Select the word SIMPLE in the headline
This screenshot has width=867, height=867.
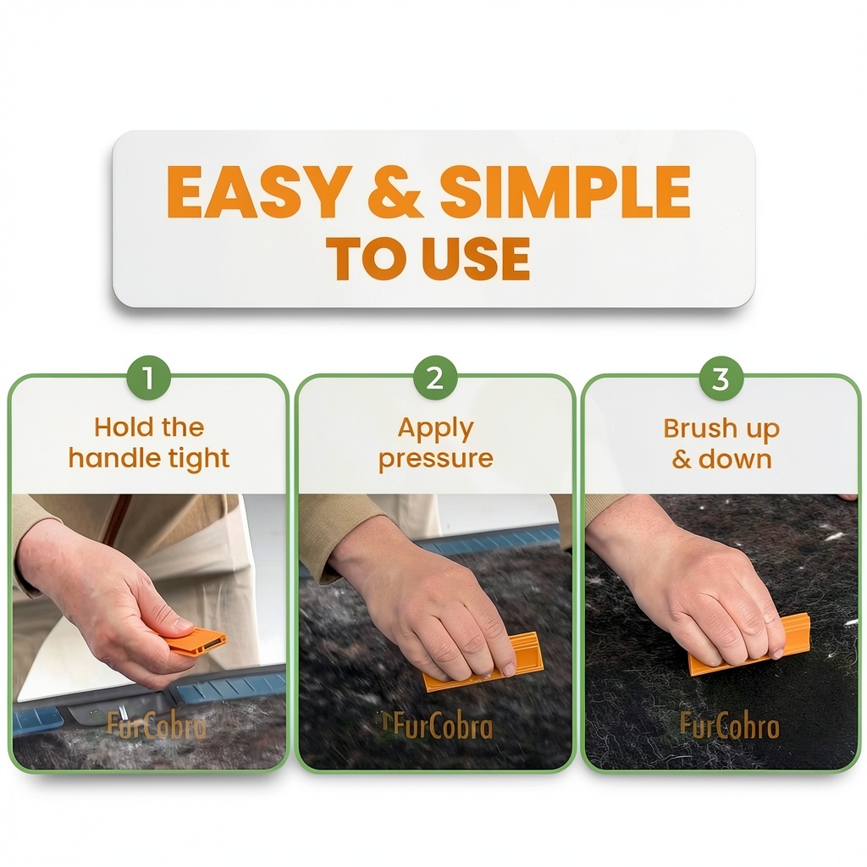tap(565, 191)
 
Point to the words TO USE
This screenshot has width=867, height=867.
tap(428, 258)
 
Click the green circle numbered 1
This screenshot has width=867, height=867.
tap(148, 378)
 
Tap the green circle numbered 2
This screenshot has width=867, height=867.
tap(435, 378)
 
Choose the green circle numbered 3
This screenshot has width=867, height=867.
tap(721, 379)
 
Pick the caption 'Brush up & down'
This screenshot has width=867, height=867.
tap(721, 444)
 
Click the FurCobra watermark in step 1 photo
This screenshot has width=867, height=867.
tap(157, 726)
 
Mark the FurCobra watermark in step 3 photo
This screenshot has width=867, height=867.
tap(729, 726)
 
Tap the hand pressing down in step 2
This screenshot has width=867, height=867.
tap(437, 608)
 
